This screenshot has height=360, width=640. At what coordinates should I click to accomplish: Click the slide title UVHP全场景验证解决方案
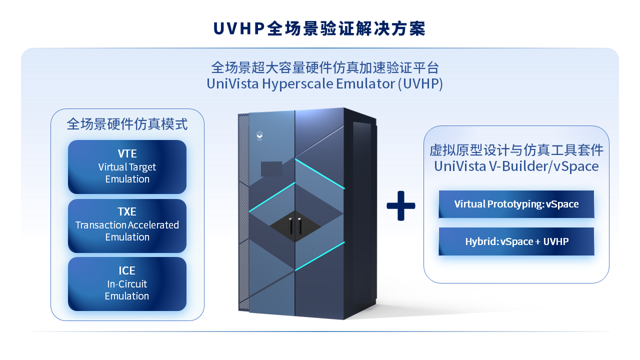[x=319, y=28]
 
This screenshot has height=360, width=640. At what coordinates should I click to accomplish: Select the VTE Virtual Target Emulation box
[x=127, y=167]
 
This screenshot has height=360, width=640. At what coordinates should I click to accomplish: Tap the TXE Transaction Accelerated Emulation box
[x=127, y=225]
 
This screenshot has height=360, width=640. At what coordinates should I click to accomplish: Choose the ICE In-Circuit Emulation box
[x=127, y=284]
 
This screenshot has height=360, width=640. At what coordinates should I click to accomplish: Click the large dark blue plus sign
[x=401, y=205]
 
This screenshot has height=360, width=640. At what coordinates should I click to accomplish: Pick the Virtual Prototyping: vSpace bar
[x=516, y=204]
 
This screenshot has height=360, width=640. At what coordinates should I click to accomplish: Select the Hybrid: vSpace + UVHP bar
[x=516, y=241]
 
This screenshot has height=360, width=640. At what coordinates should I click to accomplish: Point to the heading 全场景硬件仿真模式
[x=127, y=124]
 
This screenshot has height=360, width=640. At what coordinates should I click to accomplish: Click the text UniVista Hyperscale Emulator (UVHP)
[x=324, y=83]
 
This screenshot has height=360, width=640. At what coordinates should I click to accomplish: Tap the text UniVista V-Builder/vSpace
[x=516, y=166]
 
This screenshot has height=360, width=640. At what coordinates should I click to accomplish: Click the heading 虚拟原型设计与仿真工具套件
[x=516, y=150]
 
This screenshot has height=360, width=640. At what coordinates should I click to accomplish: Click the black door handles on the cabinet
[x=295, y=226]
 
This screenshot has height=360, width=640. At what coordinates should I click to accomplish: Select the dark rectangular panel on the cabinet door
[x=271, y=169]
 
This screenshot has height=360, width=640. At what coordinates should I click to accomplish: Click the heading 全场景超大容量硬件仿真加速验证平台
[x=324, y=67]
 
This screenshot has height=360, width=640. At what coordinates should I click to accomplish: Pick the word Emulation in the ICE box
[x=127, y=296]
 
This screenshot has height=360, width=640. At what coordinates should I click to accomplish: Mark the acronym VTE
[x=127, y=153]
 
